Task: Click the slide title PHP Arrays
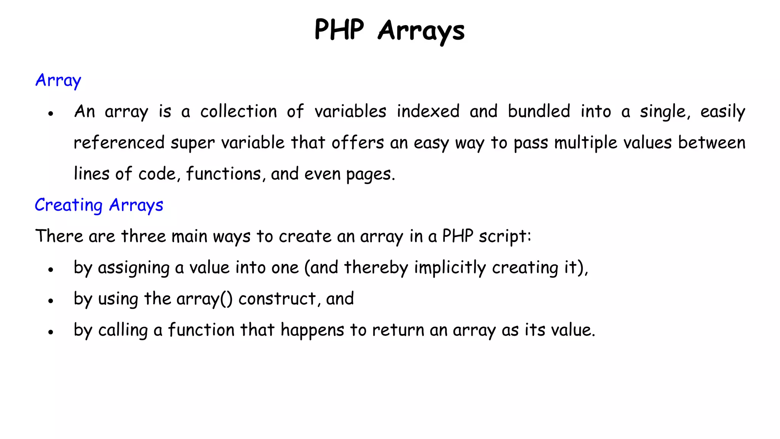[x=389, y=30]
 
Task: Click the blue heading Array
[x=58, y=80]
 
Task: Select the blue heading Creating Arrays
[x=99, y=205]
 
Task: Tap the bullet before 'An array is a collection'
[x=50, y=114]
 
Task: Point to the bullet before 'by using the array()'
[x=50, y=301]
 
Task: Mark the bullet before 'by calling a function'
[x=50, y=332]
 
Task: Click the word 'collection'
[x=239, y=112]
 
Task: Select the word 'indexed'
[x=428, y=112]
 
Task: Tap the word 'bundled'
[x=539, y=112]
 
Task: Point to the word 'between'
[x=711, y=143]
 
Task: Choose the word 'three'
[x=143, y=236]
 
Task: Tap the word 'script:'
[x=505, y=237]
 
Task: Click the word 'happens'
[x=313, y=330]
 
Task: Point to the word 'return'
[x=398, y=330]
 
